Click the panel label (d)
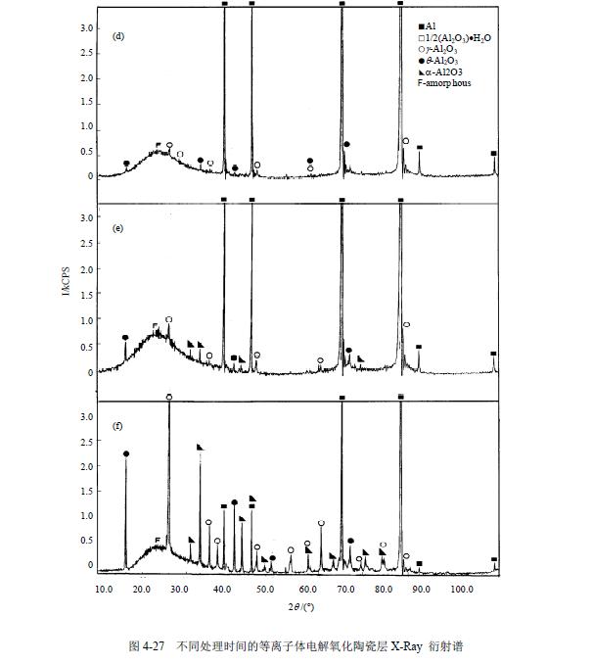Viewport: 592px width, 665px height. click(118, 37)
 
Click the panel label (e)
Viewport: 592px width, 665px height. click(118, 227)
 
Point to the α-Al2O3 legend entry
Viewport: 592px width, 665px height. click(448, 71)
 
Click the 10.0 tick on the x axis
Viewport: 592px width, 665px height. click(107, 589)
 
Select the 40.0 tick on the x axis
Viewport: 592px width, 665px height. click(224, 589)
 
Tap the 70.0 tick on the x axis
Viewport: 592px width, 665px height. click(342, 589)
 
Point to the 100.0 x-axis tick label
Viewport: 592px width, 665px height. click(461, 589)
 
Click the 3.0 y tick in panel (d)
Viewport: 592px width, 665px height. click(86, 27)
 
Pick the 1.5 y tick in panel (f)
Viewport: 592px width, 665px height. click(86, 491)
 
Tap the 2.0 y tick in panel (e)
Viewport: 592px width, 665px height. click(86, 267)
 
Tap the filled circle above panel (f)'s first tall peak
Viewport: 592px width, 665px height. click(126, 453)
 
